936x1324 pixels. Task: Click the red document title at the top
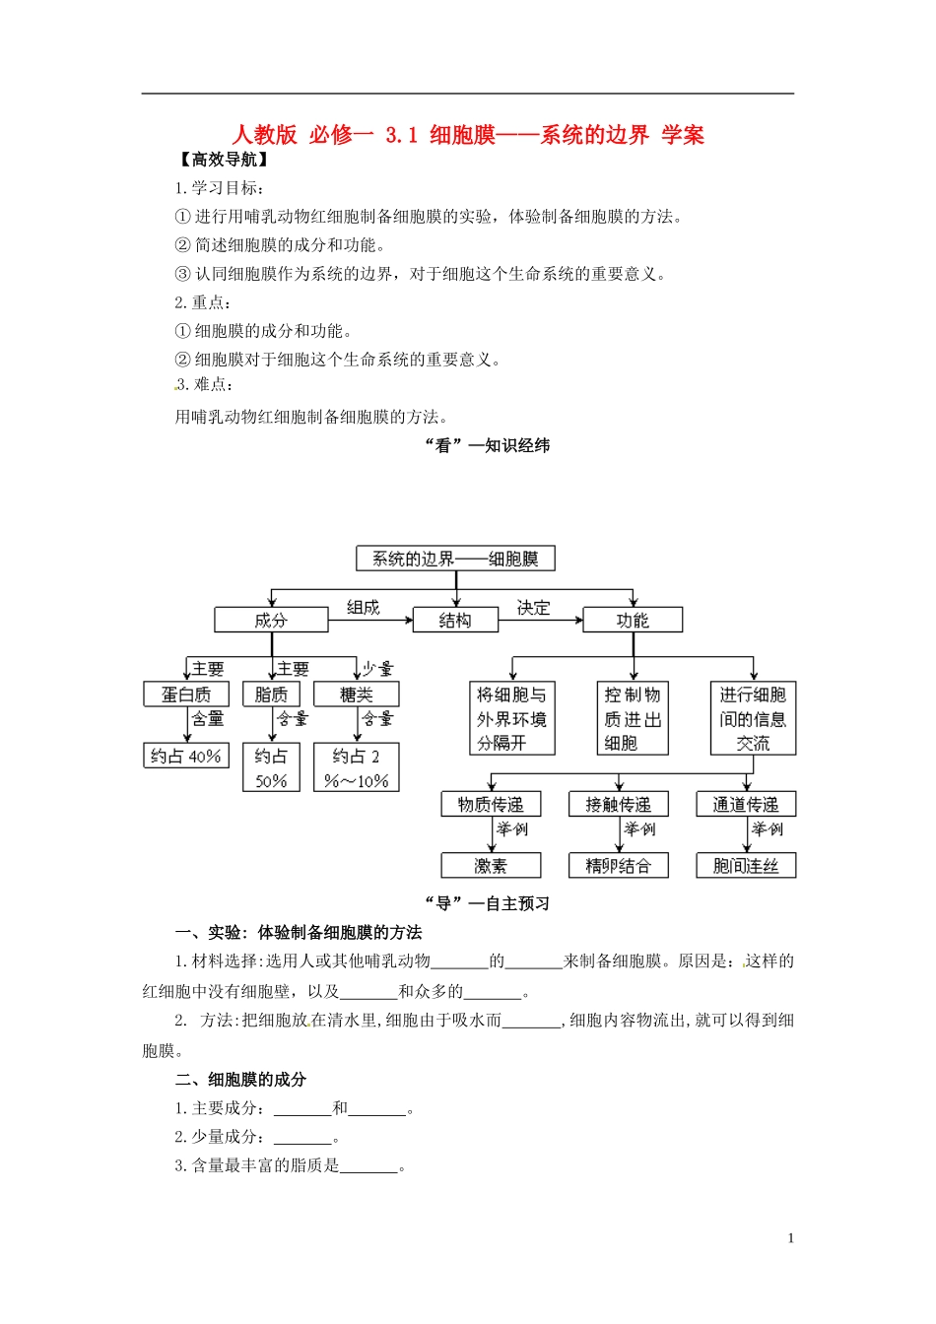click(x=468, y=135)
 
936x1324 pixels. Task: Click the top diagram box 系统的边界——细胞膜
click(x=455, y=559)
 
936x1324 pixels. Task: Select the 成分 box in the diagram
click(x=271, y=620)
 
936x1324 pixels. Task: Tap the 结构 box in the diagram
click(x=455, y=620)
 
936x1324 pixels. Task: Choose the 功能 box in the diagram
click(x=633, y=620)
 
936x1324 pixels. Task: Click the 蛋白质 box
click(x=186, y=695)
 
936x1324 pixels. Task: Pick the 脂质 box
click(x=271, y=695)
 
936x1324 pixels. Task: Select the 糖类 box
click(x=357, y=695)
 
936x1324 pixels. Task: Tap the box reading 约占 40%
click(x=186, y=756)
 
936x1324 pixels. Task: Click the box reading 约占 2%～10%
click(x=357, y=768)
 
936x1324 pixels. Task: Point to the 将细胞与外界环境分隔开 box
click(x=512, y=719)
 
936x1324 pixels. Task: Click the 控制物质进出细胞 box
click(x=633, y=719)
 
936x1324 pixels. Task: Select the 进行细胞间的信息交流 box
click(x=753, y=719)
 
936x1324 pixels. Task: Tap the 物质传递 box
click(x=491, y=805)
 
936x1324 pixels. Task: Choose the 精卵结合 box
click(x=618, y=866)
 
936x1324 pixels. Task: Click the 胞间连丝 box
click(x=746, y=866)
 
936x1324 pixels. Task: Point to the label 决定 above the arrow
click(x=533, y=608)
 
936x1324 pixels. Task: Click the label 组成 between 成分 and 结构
click(x=363, y=608)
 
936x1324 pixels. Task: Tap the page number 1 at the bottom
click(x=790, y=1238)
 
